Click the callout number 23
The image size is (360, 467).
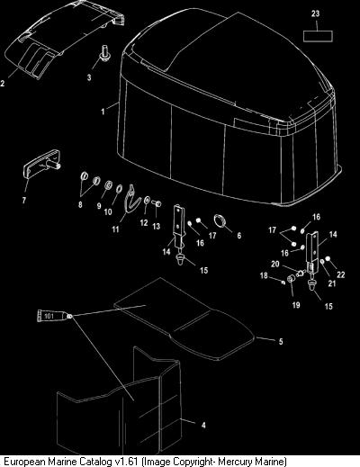pyautogui.click(x=315, y=13)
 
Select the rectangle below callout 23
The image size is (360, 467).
pyautogui.click(x=318, y=36)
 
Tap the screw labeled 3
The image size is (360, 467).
pyautogui.click(x=104, y=53)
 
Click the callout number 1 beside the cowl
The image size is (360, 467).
pyautogui.click(x=103, y=112)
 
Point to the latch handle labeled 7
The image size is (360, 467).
pyautogui.click(x=42, y=164)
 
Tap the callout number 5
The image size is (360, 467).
pyautogui.click(x=281, y=342)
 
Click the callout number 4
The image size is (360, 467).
pyautogui.click(x=203, y=425)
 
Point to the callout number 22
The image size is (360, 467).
pyautogui.click(x=341, y=274)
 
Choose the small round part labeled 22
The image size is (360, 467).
pyautogui.click(x=328, y=258)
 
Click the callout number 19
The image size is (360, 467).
pyautogui.click(x=296, y=305)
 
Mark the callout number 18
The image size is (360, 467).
pyautogui.click(x=264, y=275)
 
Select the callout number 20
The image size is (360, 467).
pyautogui.click(x=275, y=264)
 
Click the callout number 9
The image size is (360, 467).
pyautogui.click(x=99, y=206)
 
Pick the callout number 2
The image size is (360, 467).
pyautogui.click(x=3, y=83)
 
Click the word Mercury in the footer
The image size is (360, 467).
pyautogui.click(x=240, y=461)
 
